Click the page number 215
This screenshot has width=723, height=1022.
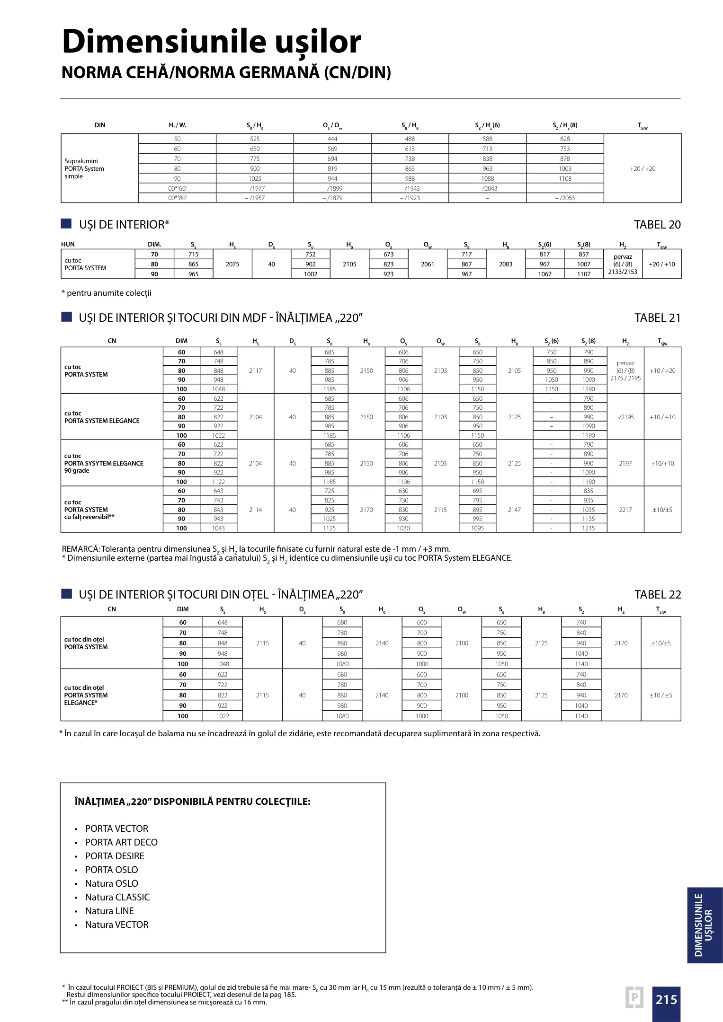click(666, 999)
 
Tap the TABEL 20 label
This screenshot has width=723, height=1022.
click(657, 225)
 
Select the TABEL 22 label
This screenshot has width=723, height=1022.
click(658, 595)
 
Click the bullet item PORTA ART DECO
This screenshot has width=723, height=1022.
click(121, 842)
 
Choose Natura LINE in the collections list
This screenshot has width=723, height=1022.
click(109, 911)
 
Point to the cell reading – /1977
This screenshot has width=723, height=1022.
click(255, 188)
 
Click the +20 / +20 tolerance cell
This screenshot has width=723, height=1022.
click(643, 168)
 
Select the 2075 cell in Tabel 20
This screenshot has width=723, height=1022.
click(232, 264)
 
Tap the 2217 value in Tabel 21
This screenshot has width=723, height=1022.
click(625, 510)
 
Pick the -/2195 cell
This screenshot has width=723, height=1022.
click(625, 417)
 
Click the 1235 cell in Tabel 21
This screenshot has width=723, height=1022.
click(589, 528)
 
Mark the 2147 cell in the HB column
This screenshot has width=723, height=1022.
click(514, 510)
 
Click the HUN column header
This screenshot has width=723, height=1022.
click(68, 245)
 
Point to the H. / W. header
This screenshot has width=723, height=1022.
click(178, 125)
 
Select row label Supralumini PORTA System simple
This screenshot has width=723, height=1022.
click(84, 168)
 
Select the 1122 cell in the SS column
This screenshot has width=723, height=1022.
click(218, 482)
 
